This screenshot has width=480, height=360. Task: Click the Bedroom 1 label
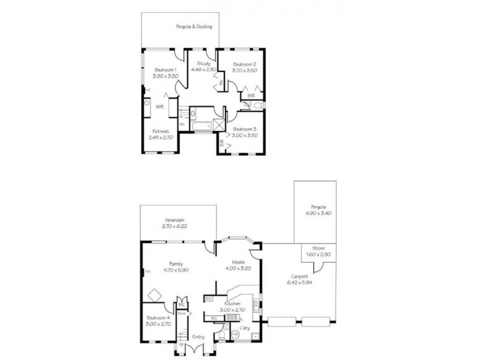165,70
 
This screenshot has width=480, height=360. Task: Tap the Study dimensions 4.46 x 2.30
203,70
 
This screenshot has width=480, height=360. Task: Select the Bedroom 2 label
245,64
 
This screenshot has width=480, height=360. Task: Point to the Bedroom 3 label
245,130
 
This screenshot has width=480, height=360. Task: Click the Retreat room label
160,131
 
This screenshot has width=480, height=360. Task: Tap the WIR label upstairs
160,106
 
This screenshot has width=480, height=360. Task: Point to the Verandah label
175,220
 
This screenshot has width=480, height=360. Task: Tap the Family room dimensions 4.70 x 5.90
176,270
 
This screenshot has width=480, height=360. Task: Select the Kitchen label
233,304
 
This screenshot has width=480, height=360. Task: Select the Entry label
199,337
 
